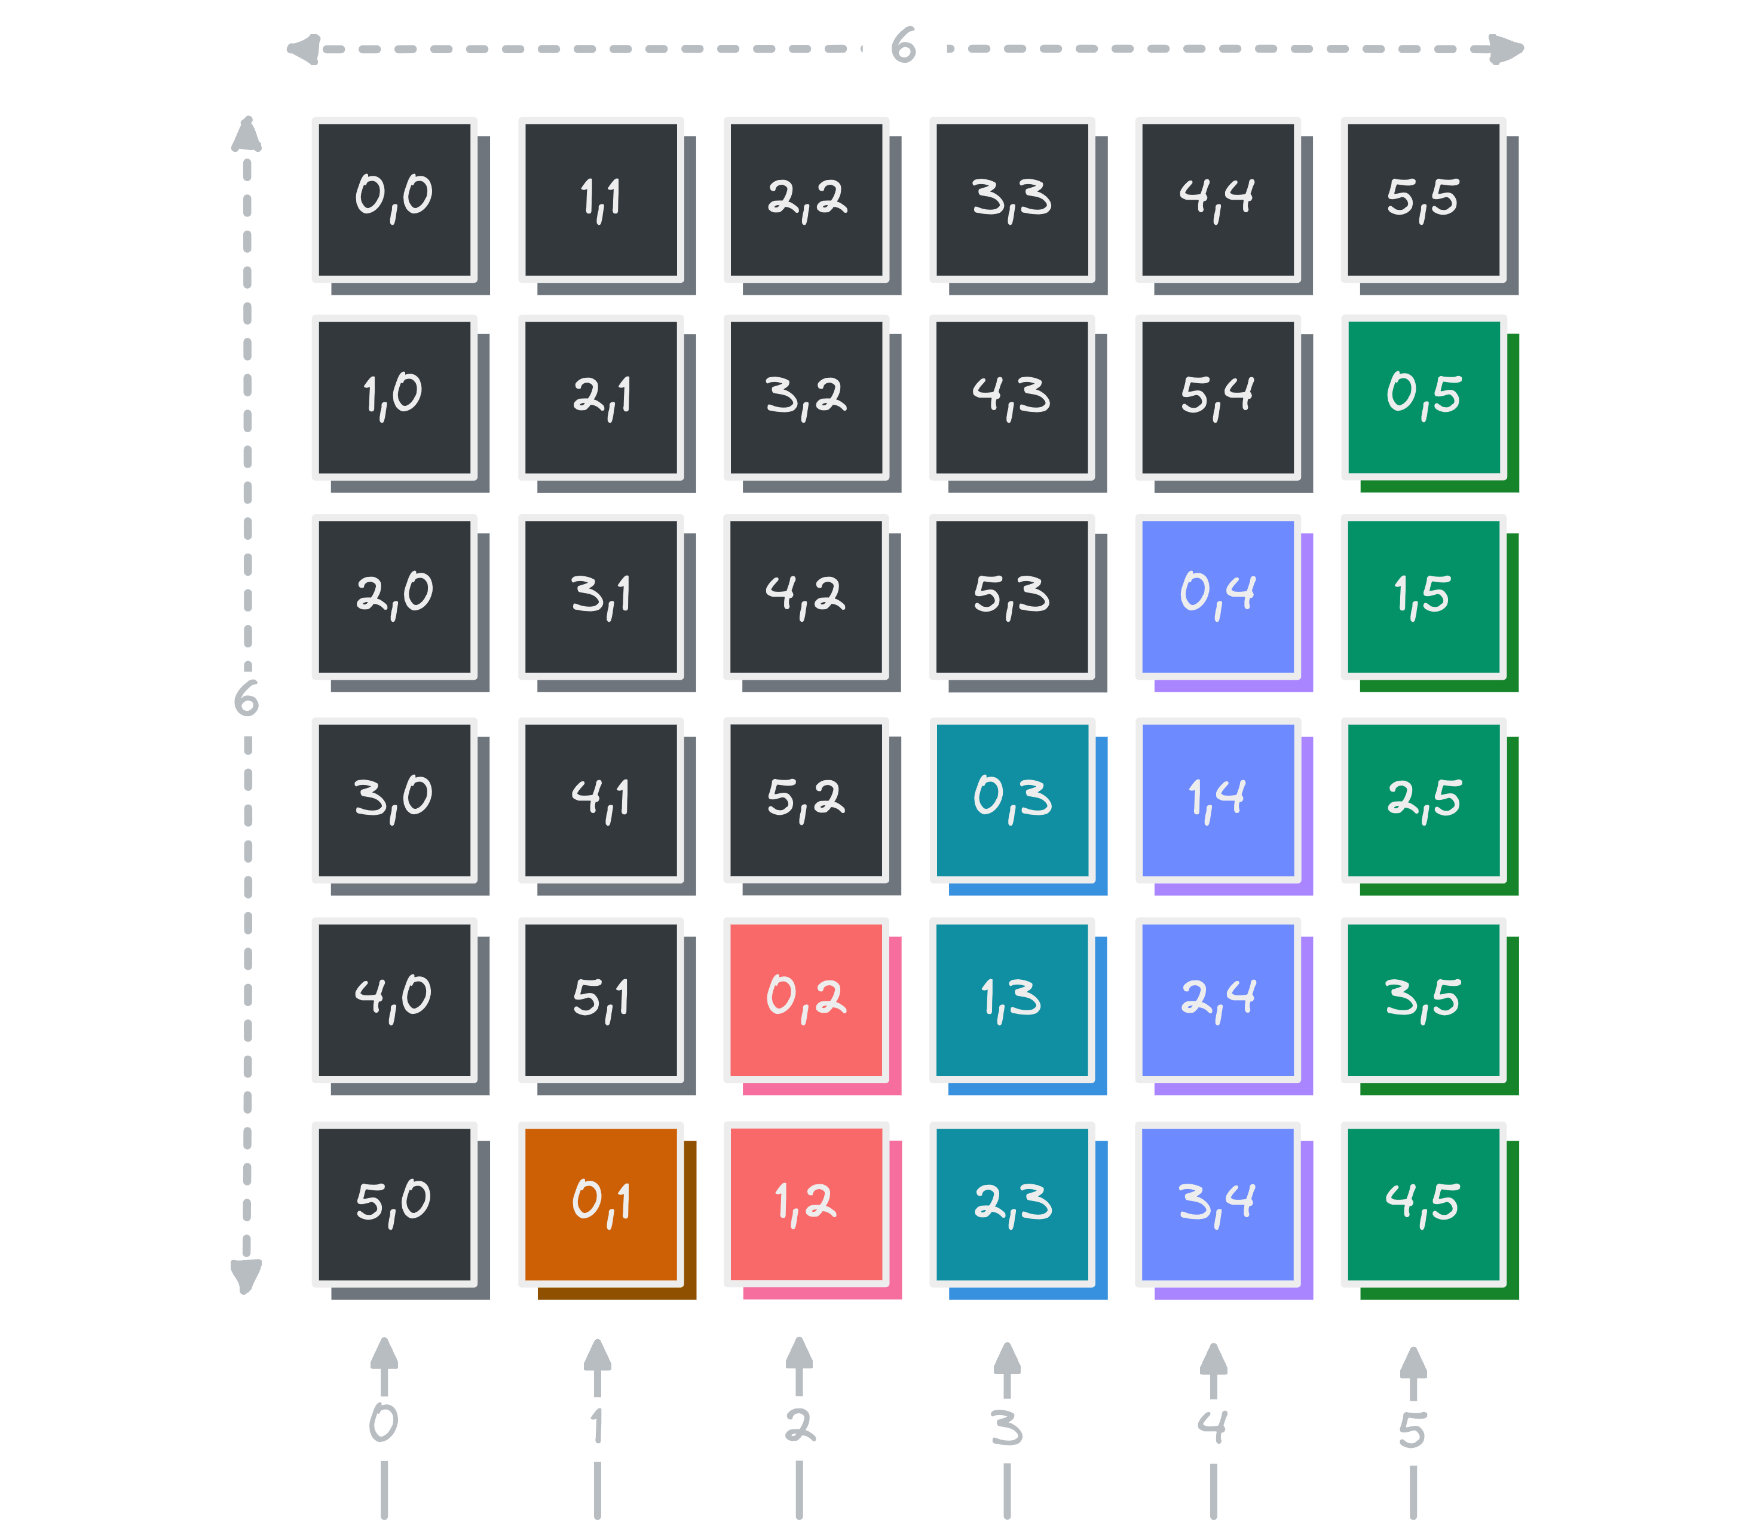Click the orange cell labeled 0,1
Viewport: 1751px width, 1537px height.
click(x=601, y=1204)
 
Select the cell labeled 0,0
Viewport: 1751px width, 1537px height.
click(x=394, y=198)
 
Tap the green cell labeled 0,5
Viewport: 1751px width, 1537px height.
click(x=1423, y=398)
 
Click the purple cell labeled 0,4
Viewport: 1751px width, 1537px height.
click(x=1217, y=596)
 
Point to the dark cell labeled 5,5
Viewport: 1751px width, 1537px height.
click(x=1423, y=198)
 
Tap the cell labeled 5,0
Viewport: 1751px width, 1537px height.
click(x=394, y=1204)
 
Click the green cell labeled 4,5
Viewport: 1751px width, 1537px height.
click(x=1423, y=1204)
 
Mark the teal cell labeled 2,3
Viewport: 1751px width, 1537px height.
click(x=1012, y=1204)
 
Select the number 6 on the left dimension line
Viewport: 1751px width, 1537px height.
click(x=246, y=699)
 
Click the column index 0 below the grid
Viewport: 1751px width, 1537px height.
click(x=384, y=1423)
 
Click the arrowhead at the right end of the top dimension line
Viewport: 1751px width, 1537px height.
click(x=1505, y=49)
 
